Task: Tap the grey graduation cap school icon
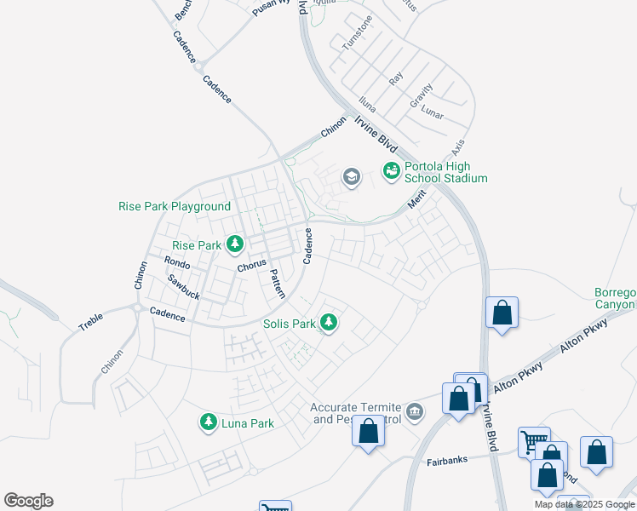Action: [350, 177]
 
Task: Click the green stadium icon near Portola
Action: [391, 172]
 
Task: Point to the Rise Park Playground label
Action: [175, 206]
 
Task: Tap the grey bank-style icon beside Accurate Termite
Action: [414, 413]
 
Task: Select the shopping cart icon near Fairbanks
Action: [534, 441]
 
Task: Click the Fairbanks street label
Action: [447, 461]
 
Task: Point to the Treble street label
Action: [90, 322]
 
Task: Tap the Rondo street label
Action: [177, 262]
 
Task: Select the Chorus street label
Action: [252, 265]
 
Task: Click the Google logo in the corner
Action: [28, 501]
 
